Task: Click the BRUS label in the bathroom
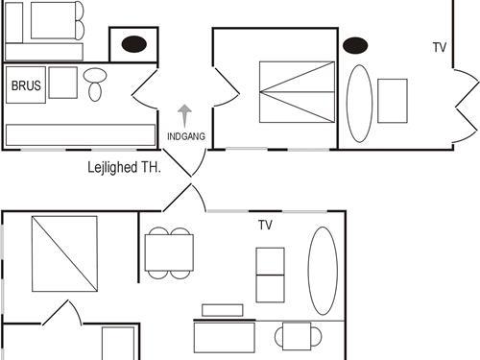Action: pos(25,85)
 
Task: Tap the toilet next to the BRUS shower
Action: pos(95,84)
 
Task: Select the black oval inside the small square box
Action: pos(133,44)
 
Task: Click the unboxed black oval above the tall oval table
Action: pos(356,45)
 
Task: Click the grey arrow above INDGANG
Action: pos(185,114)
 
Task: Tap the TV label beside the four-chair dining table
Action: pos(266,225)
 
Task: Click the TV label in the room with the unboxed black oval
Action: pos(440,47)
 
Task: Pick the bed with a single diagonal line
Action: pos(64,253)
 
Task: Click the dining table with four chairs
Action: pos(169,252)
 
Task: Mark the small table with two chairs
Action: pos(299,336)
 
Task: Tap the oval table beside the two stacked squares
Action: pos(323,271)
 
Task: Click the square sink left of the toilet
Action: pos(62,83)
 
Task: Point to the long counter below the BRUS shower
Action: pos(81,134)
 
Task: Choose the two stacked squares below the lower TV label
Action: pos(270,274)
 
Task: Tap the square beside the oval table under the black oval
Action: pos(393,100)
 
